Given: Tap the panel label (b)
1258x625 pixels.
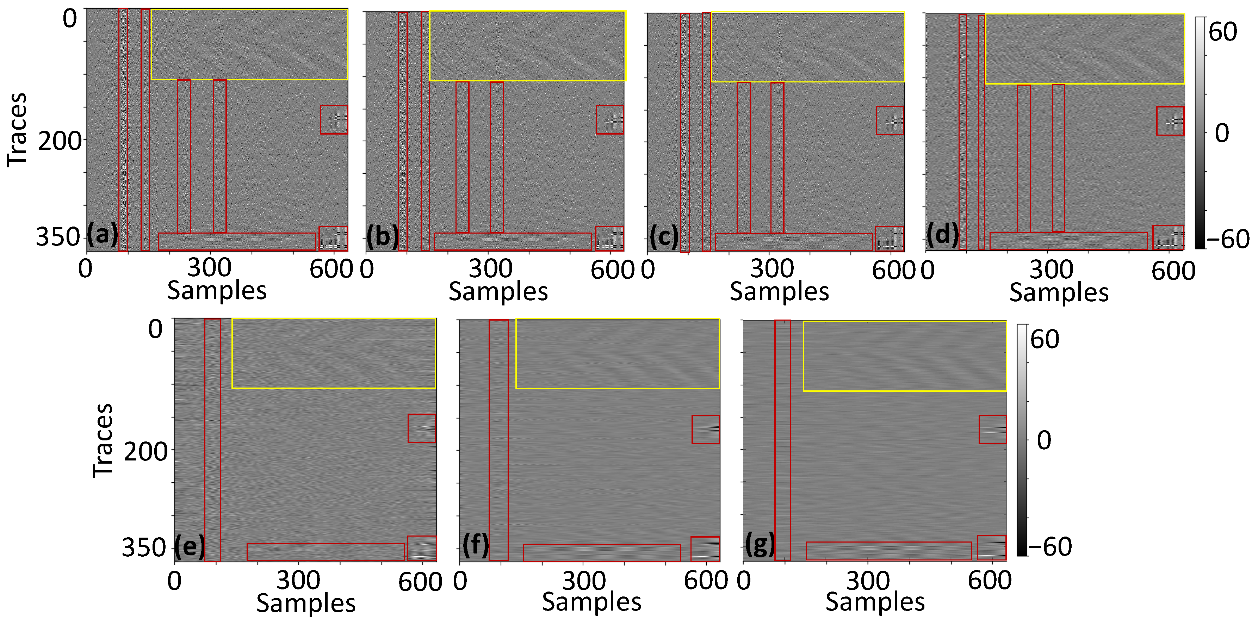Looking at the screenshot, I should [x=382, y=236].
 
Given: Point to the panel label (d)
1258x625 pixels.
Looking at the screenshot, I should [x=942, y=235].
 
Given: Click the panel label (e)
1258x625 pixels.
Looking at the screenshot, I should [x=190, y=546].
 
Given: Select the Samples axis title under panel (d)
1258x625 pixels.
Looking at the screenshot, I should [x=1059, y=293].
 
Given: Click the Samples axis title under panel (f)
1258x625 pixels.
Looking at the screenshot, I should [x=591, y=602].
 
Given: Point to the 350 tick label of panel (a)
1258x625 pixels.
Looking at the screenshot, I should [x=58, y=237].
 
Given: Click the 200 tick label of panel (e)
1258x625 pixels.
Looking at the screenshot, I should [x=145, y=452].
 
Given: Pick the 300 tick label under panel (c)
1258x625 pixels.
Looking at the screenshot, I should [x=771, y=269].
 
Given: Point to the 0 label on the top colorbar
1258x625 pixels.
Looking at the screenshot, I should [x=1221, y=133].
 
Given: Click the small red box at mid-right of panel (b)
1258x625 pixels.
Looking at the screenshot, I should [x=609, y=120].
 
